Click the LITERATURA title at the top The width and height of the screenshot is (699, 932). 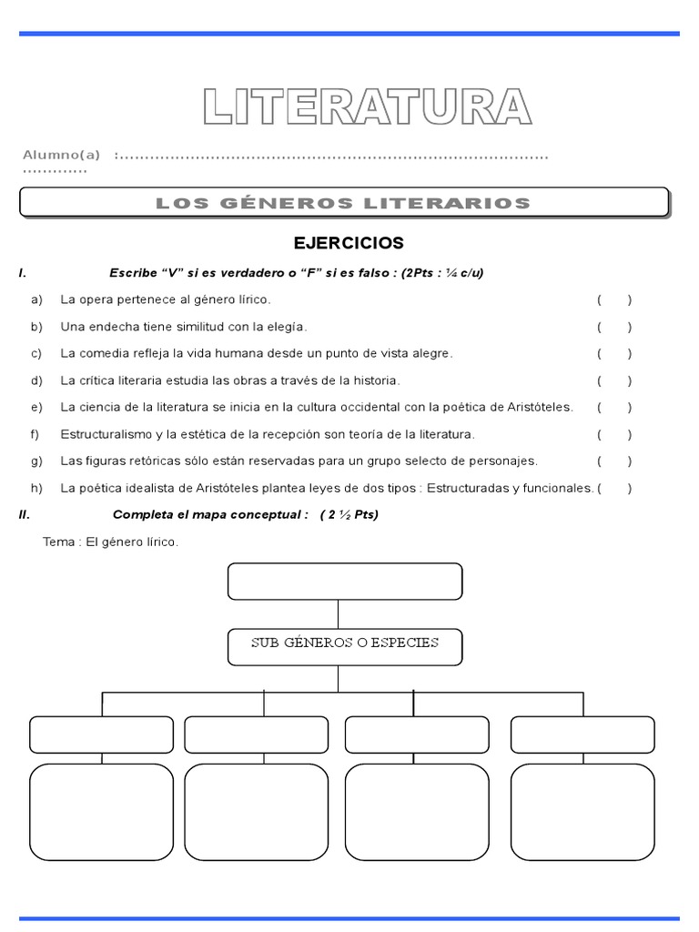367,106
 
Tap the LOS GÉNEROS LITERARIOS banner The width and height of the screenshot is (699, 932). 343,203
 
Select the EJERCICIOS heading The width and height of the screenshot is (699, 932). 349,243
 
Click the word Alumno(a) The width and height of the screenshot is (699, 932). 61,155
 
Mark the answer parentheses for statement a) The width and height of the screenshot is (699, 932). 614,299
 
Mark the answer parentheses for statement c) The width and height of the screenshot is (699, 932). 614,353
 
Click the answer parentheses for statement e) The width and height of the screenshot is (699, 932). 614,407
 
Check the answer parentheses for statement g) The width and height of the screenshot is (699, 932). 614,461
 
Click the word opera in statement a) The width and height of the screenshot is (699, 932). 93,299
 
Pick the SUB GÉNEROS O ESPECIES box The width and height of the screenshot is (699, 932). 345,643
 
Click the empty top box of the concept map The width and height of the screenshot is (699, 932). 345,582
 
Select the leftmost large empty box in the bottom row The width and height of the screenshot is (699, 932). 102,812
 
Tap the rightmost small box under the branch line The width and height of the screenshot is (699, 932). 582,734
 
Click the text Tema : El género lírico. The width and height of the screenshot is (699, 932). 111,542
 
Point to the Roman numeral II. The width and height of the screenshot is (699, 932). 25,514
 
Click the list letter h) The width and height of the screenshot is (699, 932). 36,488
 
